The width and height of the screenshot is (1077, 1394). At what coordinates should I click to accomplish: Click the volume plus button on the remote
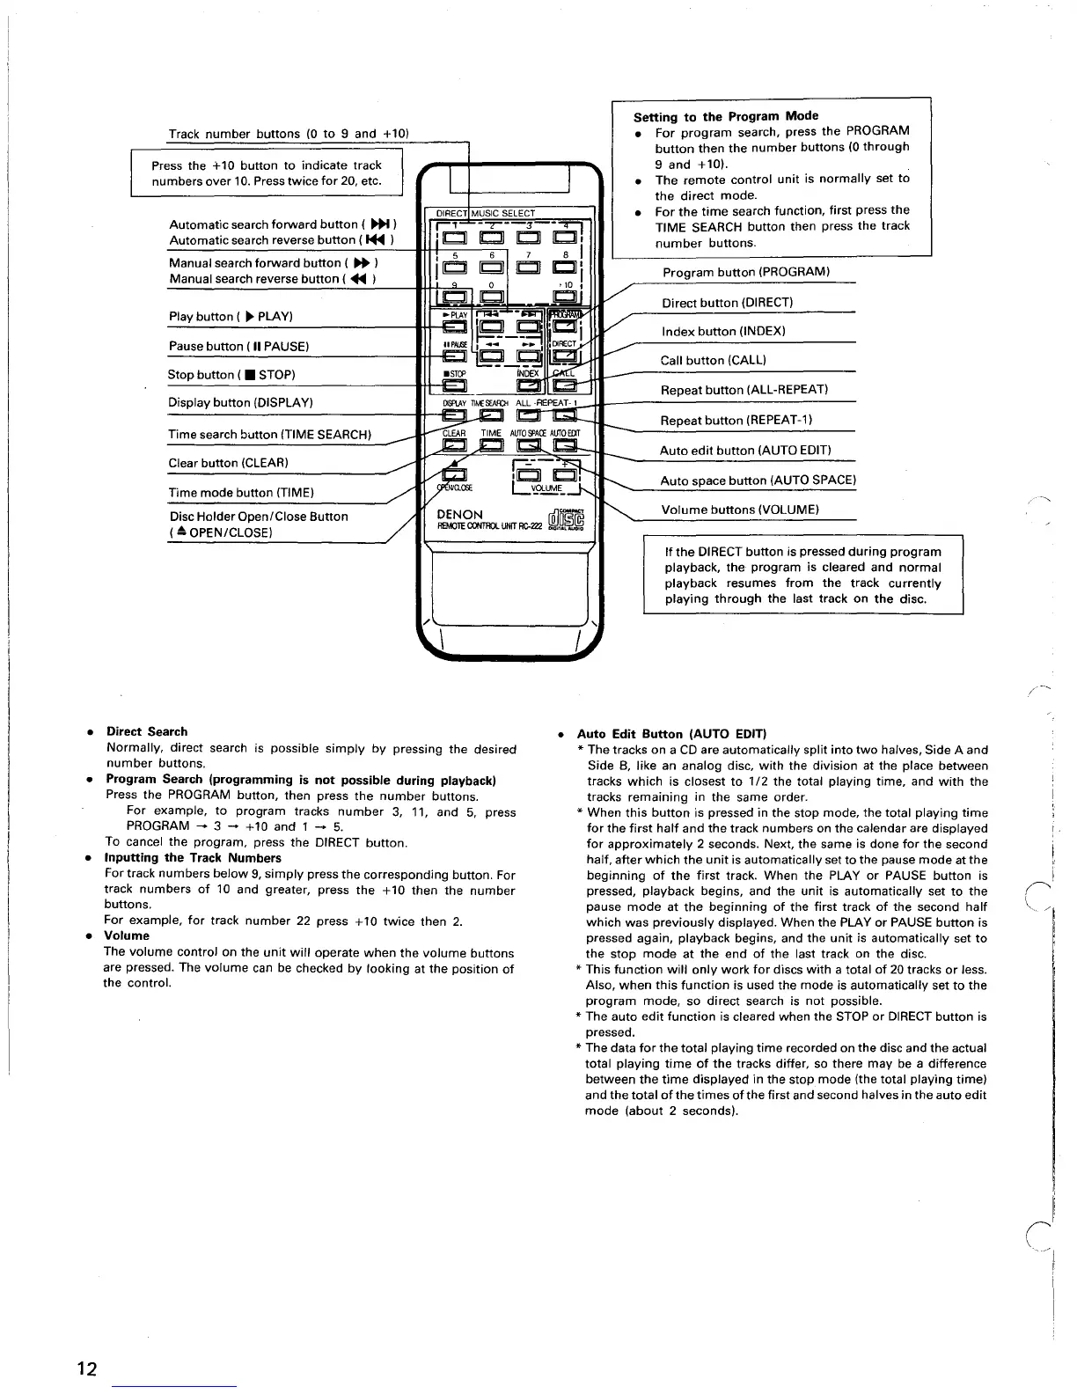tap(564, 475)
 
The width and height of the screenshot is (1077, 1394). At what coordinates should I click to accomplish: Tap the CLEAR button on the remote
tap(454, 447)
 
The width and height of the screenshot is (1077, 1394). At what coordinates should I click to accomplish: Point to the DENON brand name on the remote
tap(459, 515)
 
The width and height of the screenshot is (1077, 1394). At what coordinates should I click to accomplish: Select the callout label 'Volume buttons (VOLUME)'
tap(740, 510)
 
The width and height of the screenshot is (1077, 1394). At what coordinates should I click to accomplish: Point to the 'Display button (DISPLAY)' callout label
tap(240, 403)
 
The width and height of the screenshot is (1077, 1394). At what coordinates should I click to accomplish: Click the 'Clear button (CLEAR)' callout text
tap(228, 463)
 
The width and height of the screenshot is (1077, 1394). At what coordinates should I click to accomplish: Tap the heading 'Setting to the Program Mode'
tap(726, 116)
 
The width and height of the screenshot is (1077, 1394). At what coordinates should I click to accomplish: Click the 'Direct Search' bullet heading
tap(147, 731)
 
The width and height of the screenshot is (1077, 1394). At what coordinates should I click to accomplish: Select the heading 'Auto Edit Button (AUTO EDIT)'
tap(671, 734)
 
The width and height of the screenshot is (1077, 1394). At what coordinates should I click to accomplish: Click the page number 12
tap(86, 1369)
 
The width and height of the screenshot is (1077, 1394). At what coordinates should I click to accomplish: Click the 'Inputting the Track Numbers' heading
tap(193, 858)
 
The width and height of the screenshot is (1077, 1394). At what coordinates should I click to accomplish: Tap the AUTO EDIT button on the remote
tap(564, 447)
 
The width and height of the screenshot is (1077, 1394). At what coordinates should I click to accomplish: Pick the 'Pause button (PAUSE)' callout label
tap(238, 347)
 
